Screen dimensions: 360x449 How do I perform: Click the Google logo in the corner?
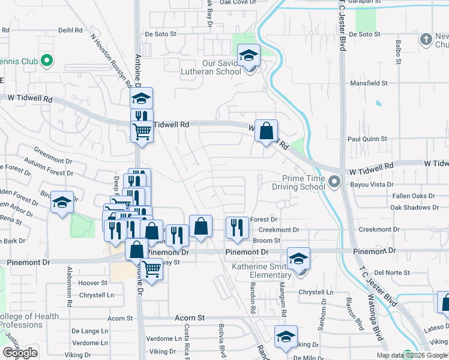(x=20, y=353)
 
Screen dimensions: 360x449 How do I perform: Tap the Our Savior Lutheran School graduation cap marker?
(x=249, y=56)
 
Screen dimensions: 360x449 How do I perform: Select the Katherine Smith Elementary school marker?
(x=298, y=259)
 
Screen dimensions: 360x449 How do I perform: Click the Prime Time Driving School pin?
(x=335, y=180)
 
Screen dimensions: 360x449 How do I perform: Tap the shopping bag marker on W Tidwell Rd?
(x=266, y=130)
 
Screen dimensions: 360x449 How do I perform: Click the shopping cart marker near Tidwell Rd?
(x=142, y=130)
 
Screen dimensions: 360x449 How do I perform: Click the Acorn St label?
(x=190, y=317)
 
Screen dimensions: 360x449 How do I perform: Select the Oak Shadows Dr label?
(x=414, y=208)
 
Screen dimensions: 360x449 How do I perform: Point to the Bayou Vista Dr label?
(x=373, y=185)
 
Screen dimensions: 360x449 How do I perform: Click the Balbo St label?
(x=398, y=52)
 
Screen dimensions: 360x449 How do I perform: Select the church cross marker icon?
(x=426, y=40)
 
